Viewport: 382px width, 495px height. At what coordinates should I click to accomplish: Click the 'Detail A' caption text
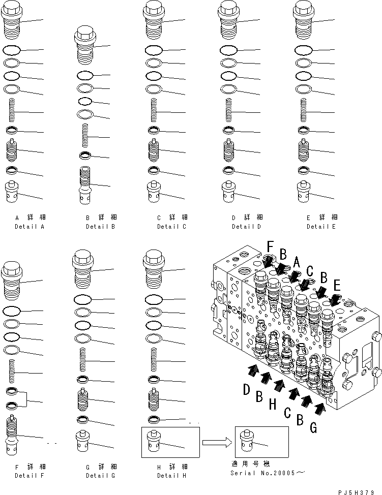(30, 227)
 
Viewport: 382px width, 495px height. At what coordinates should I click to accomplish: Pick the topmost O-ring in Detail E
(303, 50)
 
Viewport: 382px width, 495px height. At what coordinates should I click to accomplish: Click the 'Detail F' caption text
(30, 475)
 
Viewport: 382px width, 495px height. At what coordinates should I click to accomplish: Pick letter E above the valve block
(336, 285)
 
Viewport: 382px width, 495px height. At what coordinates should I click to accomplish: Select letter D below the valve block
(247, 390)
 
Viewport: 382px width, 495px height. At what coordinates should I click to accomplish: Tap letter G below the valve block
(313, 428)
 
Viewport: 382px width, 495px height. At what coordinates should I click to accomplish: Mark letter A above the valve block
(297, 262)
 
